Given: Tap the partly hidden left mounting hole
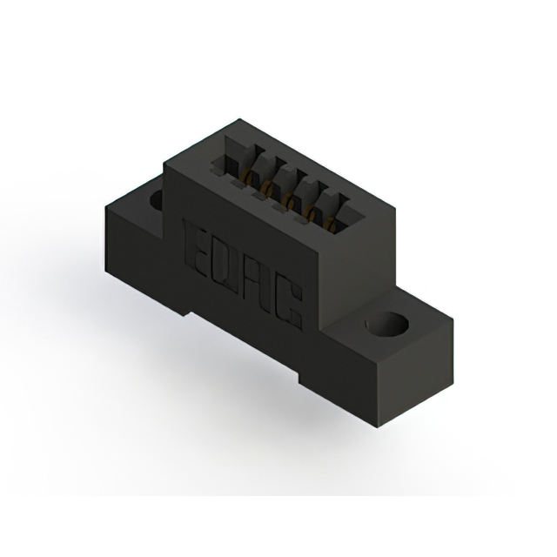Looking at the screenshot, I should click(156, 201).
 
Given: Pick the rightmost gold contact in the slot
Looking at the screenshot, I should click(332, 228).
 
